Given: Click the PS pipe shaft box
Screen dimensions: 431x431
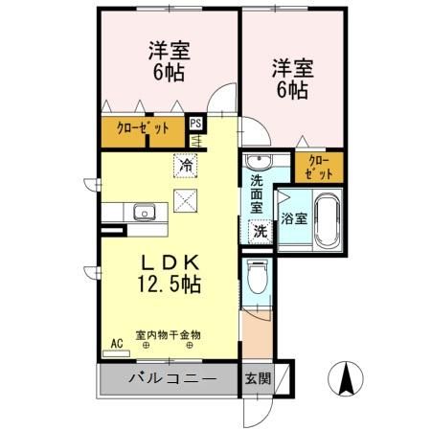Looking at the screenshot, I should click(196, 124).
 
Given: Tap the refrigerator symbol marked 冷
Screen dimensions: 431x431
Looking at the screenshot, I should click(185, 164).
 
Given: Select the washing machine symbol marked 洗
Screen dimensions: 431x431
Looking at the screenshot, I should click(259, 230).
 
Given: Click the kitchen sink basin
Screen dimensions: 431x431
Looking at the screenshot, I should click(145, 212).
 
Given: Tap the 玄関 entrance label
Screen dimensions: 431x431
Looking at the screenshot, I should click(258, 377).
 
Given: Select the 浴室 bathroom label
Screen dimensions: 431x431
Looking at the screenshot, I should click(294, 217).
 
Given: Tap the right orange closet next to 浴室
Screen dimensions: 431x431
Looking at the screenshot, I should click(318, 167).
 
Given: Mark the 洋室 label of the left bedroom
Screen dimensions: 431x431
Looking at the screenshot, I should click(167, 50).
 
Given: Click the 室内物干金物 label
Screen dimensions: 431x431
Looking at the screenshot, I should click(168, 334).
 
